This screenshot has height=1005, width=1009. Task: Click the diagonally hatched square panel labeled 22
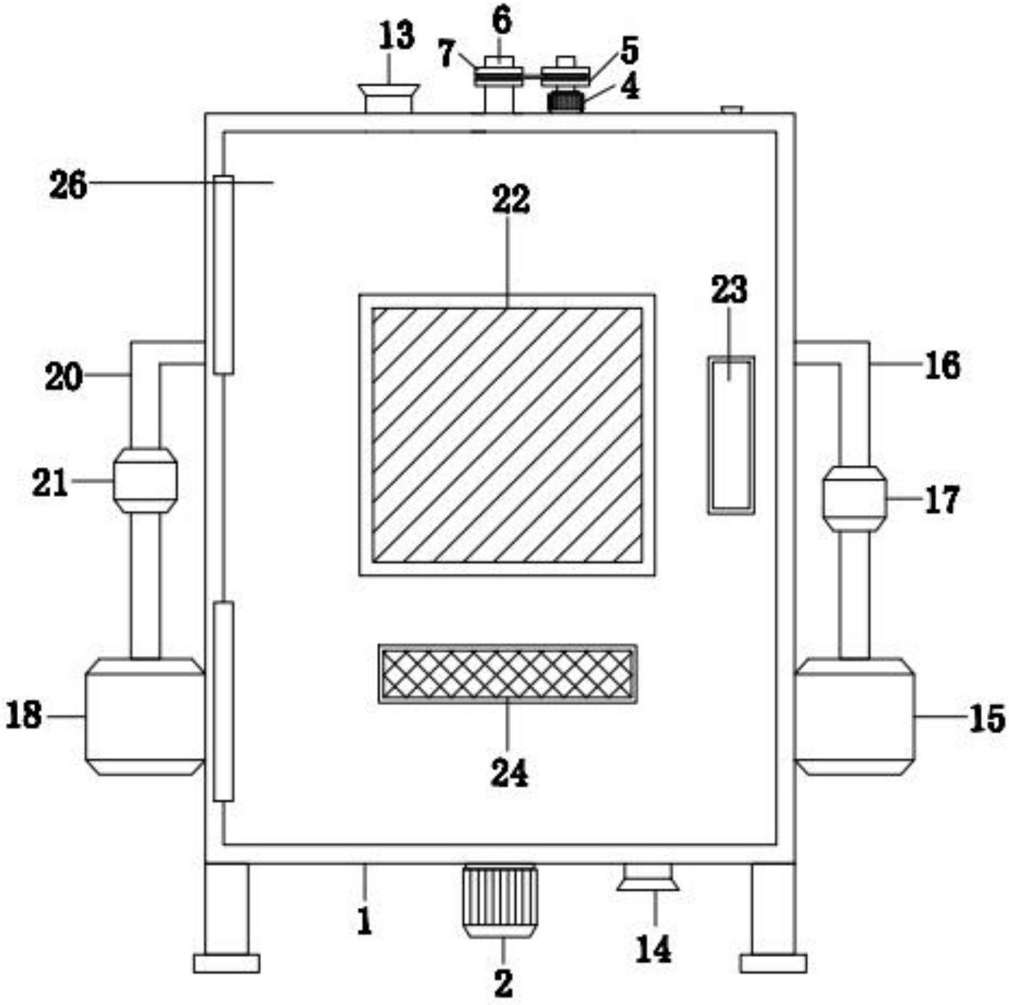click(x=507, y=434)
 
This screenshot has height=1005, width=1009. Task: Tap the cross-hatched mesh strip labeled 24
click(x=507, y=674)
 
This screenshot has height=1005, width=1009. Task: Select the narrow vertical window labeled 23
click(x=731, y=435)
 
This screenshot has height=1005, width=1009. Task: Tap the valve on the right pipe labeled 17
click(x=854, y=499)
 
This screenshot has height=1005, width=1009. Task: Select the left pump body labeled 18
click(x=144, y=716)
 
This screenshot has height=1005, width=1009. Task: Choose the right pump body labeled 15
click(x=854, y=716)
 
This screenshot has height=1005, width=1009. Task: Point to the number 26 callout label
click(x=68, y=185)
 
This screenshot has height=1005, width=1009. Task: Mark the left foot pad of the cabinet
click(x=226, y=963)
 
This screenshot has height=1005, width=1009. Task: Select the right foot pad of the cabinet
click(x=773, y=963)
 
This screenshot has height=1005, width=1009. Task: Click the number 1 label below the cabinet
click(x=365, y=922)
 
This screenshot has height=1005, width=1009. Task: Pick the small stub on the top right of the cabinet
click(x=732, y=110)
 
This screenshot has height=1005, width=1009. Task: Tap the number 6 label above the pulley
click(x=501, y=22)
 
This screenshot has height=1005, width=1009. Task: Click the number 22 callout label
click(x=511, y=200)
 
